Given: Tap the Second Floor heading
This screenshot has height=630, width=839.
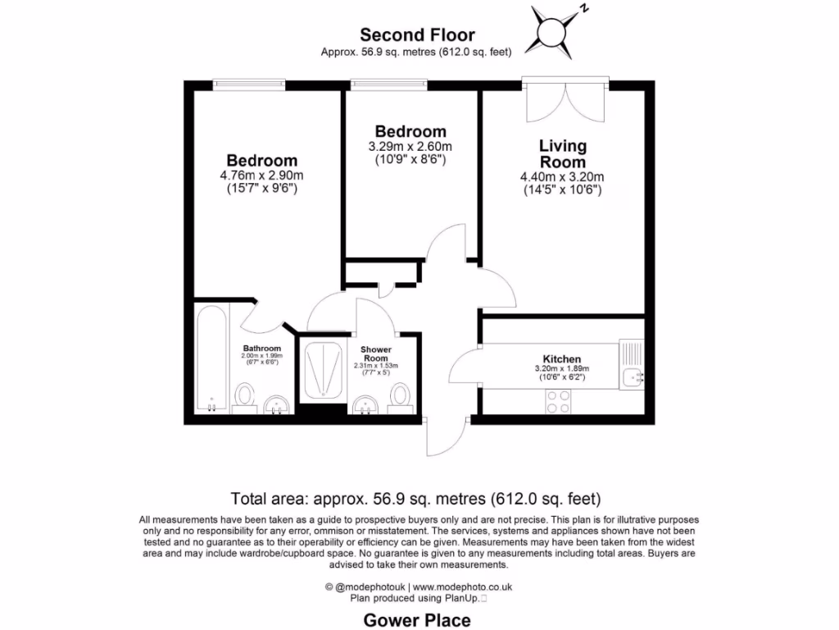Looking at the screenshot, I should click(417, 34).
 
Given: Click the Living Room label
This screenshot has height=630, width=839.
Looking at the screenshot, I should click(563, 153).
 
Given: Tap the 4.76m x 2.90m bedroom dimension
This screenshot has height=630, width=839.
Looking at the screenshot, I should click(262, 176).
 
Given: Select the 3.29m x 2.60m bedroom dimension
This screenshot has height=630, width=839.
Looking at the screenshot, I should click(410, 147).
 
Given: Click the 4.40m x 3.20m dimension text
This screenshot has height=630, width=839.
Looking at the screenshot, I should click(562, 176).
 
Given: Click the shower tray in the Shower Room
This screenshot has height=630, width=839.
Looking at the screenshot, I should click(321, 371).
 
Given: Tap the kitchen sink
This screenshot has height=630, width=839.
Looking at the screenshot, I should click(633, 377).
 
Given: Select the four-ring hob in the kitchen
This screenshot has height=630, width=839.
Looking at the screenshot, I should click(559, 400).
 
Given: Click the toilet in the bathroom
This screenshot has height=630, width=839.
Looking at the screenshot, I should click(244, 396).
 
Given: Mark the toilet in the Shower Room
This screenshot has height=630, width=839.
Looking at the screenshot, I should click(400, 395).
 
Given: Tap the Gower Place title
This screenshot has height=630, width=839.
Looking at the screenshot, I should click(417, 620).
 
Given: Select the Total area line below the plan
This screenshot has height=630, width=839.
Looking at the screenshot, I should click(416, 498).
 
